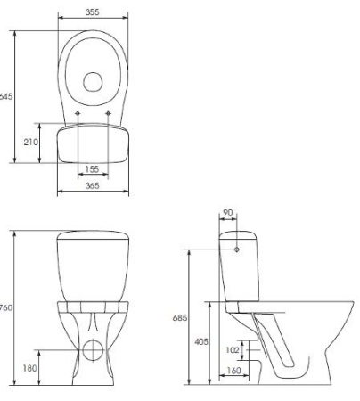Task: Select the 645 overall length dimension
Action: point(5,95)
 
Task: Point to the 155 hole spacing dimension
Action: point(93,168)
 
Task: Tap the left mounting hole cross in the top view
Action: point(78,114)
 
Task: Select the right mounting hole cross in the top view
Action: point(108,114)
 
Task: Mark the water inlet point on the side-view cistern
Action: point(237,250)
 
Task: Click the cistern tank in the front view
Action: point(93,263)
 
